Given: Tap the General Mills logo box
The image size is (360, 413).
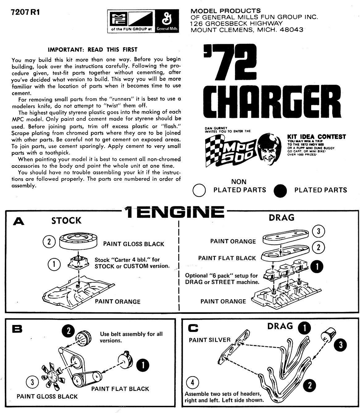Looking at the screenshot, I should click(166, 21).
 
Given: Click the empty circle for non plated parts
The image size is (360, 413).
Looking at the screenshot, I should click(199, 190).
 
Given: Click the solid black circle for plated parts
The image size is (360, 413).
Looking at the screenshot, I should click(280, 191).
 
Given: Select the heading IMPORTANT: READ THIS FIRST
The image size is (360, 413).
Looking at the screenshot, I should click(93, 50).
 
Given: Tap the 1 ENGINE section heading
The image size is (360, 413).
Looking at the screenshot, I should click(174, 213).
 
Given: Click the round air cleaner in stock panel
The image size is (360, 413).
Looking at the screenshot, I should click(78, 241).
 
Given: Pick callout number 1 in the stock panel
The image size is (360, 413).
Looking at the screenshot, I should click(54, 264).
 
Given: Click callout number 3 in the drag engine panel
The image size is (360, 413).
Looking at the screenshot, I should click(319, 231).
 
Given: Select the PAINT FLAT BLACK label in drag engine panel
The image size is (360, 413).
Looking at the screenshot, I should click(227, 258).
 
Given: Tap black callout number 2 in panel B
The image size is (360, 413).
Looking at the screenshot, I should click(69, 331).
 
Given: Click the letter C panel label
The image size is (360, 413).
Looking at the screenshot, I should click(193, 328).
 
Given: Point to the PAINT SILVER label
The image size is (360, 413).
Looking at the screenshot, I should click(210, 340).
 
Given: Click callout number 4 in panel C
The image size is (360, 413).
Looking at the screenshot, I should click(193, 383).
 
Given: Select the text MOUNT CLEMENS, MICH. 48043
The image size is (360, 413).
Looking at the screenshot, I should click(247, 30).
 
